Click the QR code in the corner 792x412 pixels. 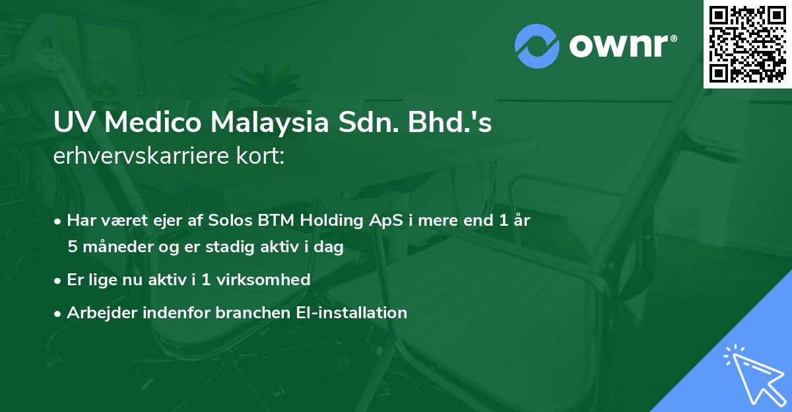[747, 44]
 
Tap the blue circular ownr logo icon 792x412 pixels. [538, 46]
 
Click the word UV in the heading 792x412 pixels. [72, 124]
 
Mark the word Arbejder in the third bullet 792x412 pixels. [97, 312]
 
